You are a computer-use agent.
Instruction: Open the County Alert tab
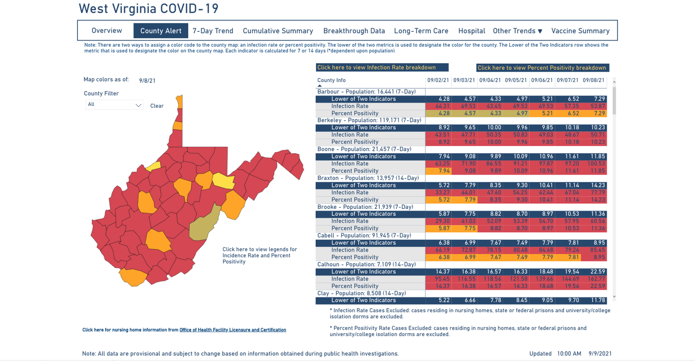[160, 31]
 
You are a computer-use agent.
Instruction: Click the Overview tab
[107, 31]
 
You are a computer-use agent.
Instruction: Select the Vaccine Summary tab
[580, 31]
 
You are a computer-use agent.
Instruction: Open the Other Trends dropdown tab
[517, 31]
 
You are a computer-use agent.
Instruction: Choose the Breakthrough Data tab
[354, 31]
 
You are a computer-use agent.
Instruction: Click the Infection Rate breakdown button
[382, 68]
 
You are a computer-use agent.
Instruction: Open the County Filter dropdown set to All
[115, 105]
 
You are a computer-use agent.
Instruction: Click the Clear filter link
[157, 106]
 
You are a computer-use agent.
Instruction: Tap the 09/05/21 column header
[515, 81]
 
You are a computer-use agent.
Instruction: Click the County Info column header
[332, 81]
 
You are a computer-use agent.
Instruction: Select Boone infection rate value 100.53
[593, 164]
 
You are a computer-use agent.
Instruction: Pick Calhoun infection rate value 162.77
[593, 279]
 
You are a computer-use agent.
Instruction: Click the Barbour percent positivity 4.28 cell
[439, 113]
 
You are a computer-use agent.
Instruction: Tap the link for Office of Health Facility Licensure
[232, 330]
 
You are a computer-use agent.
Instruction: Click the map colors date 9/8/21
[147, 81]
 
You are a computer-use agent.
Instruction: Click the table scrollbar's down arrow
[614, 297]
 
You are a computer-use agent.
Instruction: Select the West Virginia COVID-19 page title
[148, 9]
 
